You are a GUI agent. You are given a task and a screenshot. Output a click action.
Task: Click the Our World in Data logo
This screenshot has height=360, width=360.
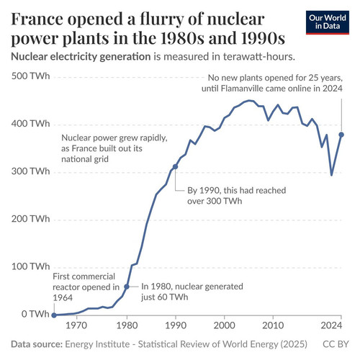coord(328,22)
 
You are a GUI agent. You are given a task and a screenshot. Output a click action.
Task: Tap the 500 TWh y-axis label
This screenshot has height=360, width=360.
coord(30,76)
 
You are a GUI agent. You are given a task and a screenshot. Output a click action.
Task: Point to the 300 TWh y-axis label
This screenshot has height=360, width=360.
coord(30,171)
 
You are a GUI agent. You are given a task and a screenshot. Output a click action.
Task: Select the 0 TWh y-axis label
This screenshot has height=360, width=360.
coord(35,314)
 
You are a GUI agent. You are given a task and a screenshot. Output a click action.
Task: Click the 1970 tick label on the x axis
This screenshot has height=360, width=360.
coord(76,325)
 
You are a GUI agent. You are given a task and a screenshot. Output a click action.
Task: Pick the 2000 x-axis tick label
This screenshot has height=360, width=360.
coord(224,325)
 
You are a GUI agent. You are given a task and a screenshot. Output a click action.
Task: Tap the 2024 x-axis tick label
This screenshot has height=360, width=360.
coord(331,325)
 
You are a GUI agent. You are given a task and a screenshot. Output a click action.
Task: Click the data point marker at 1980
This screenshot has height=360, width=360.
coord(127,287)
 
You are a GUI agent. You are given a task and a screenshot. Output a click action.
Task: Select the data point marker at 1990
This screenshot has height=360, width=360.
coord(176,166)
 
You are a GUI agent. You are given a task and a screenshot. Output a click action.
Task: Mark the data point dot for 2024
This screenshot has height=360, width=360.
coord(341,135)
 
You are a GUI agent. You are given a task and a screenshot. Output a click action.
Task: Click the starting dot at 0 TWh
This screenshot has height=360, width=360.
coord(54,315)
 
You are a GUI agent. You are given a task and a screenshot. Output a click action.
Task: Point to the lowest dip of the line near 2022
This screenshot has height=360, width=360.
coord(331,175)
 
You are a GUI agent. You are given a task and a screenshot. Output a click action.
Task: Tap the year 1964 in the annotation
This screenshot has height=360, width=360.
coord(63,298)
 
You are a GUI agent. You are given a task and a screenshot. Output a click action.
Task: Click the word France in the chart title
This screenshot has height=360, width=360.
coord(37,19)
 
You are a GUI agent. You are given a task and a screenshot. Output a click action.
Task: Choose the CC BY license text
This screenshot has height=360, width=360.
coord(336,344)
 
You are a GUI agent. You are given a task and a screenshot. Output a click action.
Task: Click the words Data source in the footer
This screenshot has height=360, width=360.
coord(37,344)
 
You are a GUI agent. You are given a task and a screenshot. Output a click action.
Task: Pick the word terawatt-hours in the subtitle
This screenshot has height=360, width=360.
coord(258,57)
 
